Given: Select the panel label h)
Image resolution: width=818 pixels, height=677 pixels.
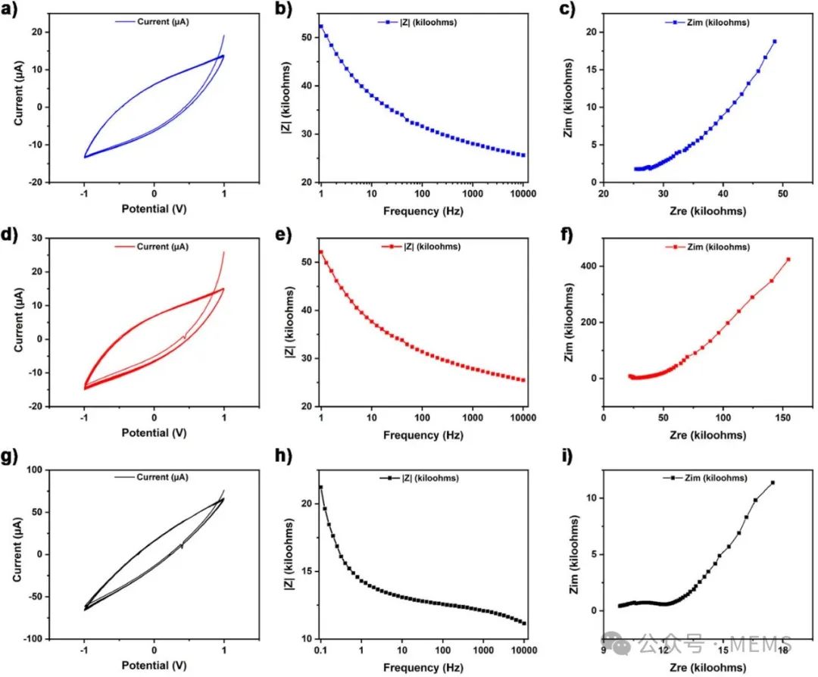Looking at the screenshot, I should pos(292,460).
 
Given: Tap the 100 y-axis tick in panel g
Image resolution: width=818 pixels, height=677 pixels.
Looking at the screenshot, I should pos(34,470).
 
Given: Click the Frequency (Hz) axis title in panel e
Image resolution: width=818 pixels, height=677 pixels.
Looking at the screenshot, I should pos(422,435).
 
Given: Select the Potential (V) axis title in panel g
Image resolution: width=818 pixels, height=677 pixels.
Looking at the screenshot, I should pos(155,666).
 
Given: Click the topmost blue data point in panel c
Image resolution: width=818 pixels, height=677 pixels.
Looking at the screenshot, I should pos(775,41).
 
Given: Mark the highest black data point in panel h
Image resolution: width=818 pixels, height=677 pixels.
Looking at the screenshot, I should pos(320,487).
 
